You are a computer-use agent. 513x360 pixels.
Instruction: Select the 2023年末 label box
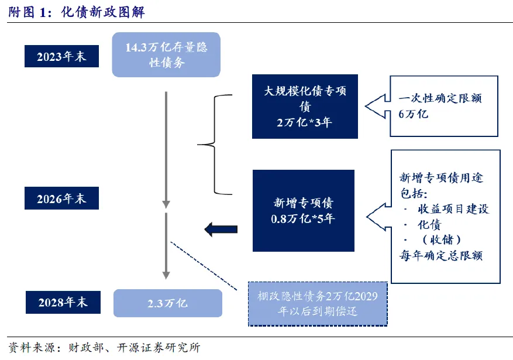pos(61,57)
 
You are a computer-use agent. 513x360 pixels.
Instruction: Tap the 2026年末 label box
pos(61,198)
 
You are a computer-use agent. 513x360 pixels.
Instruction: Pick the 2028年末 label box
pos(62,302)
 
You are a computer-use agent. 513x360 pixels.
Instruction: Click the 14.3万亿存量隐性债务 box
pos(166,54)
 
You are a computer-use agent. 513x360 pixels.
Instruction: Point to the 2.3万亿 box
pos(167,303)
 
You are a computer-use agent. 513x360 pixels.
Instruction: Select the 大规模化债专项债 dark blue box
pos(305,106)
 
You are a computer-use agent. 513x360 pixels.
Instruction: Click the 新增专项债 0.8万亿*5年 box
pos(304,211)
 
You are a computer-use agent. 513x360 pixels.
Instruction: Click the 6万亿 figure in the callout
pos(414,114)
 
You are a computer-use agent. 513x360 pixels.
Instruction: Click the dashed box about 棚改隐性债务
pos(318,303)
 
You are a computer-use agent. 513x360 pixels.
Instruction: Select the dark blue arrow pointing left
pos(221,229)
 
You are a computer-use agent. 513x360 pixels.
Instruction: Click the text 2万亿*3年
pos(305,122)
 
